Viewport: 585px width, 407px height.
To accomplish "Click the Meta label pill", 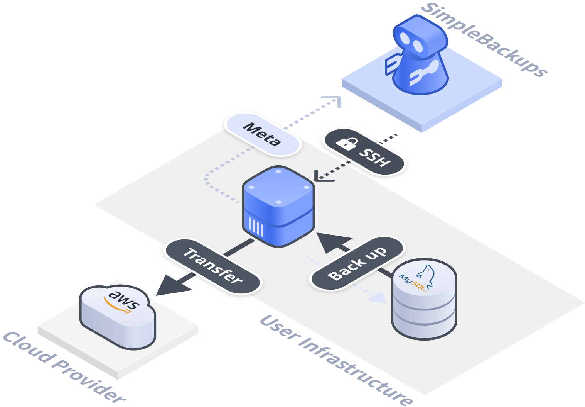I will coord(262,134).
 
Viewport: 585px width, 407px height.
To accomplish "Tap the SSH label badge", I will coord(364,151).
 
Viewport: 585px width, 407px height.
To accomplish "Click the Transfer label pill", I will coord(212,266).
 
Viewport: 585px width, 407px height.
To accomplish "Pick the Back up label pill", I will coord(357,263).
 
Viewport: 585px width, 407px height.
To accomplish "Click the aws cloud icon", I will coord(118,317).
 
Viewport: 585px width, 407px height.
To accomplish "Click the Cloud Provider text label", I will coord(64,367).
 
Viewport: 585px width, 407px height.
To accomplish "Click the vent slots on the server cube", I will coord(256,227).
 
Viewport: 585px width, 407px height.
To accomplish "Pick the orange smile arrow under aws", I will coord(118,307).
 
